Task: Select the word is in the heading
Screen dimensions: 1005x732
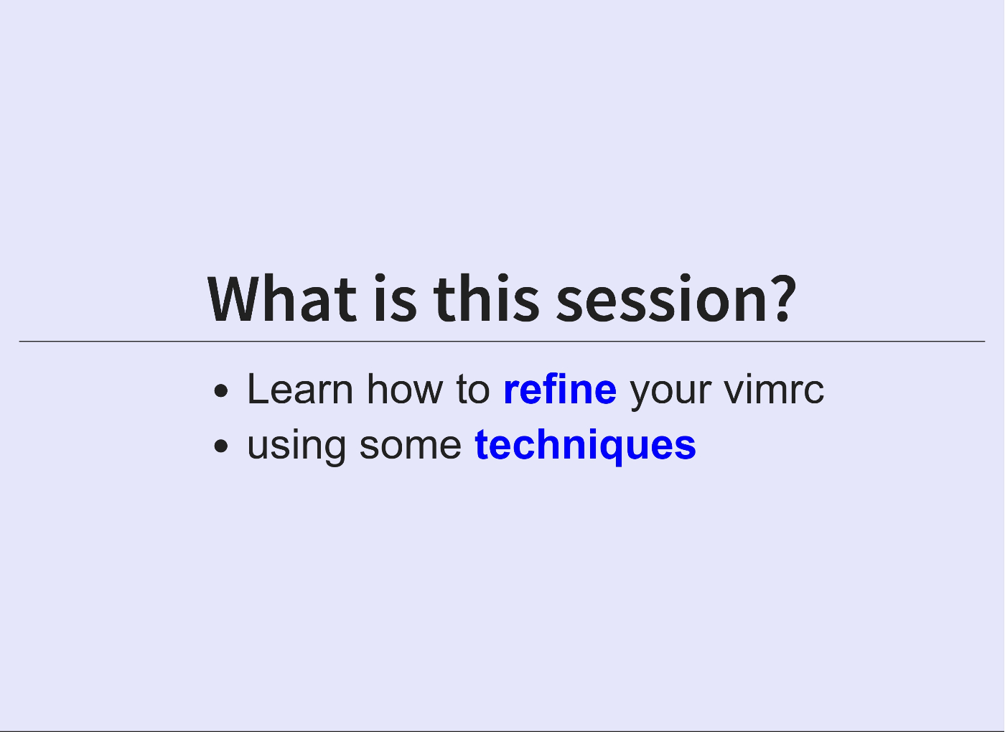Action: [396, 299]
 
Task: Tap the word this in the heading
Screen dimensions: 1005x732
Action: [487, 299]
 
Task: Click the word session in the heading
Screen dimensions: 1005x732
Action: [662, 299]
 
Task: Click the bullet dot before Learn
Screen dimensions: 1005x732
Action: [221, 390]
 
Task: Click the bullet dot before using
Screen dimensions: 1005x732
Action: [221, 446]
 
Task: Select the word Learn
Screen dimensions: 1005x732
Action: [300, 389]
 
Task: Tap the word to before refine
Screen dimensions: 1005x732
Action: [473, 389]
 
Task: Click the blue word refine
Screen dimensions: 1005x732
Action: [561, 389]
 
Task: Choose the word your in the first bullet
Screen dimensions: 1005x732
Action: [670, 394]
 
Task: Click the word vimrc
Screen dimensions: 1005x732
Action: [774, 389]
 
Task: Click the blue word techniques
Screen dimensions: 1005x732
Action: [586, 446]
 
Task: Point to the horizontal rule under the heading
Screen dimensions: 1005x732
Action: [502, 342]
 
